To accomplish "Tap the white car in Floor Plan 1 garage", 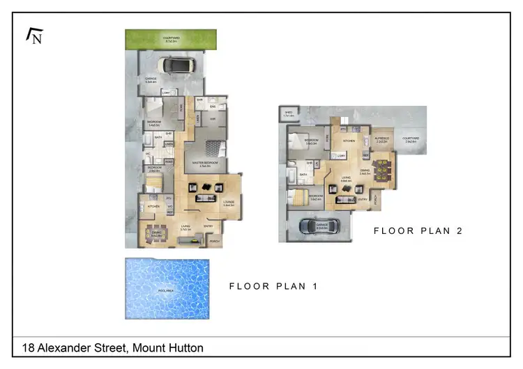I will (x=175, y=65).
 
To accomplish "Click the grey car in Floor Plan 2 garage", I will (x=319, y=226).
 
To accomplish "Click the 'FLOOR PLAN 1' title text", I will (x=273, y=285).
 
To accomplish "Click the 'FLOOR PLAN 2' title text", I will (x=418, y=230).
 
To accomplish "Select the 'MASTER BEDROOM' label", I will (x=205, y=163).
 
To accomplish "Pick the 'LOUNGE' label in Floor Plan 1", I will (x=228, y=203).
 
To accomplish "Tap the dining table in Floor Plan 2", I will (x=383, y=168).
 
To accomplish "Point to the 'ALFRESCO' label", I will (x=382, y=139).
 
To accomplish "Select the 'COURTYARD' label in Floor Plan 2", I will (x=411, y=139).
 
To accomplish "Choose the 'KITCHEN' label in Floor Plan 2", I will (x=349, y=141).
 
